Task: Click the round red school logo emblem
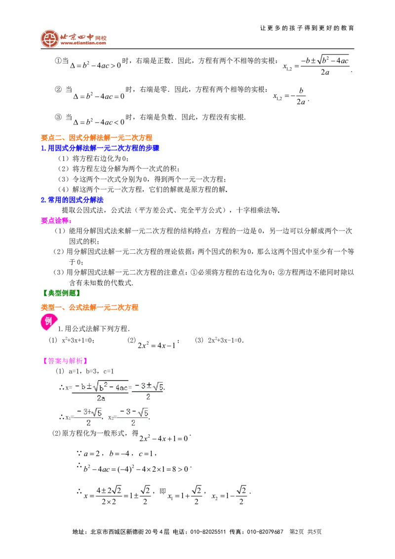[x=49, y=39]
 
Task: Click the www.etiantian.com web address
[x=83, y=43]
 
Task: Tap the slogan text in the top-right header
[x=307, y=28]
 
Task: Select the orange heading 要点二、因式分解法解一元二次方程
[x=97, y=138]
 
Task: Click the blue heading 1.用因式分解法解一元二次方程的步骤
[x=100, y=148]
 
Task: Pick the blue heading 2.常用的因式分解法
[x=73, y=200]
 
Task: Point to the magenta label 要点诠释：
[x=56, y=221]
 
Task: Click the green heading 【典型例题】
[x=61, y=293]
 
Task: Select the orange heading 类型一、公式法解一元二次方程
[x=89, y=307]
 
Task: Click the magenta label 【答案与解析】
[x=65, y=361]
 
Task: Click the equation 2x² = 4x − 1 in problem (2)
[x=157, y=345]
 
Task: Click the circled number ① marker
[x=58, y=61]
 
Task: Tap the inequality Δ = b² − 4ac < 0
[x=99, y=122]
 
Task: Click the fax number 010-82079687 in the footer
[x=265, y=531]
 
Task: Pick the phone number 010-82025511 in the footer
[x=208, y=531]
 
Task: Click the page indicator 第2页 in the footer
[x=297, y=531]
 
